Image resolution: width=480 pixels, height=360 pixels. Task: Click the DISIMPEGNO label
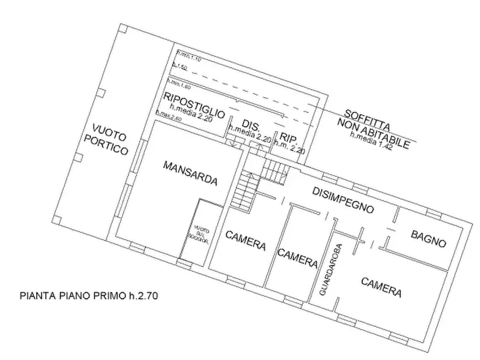click(x=343, y=199)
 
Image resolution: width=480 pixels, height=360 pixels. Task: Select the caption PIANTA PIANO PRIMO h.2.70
click(x=89, y=295)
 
